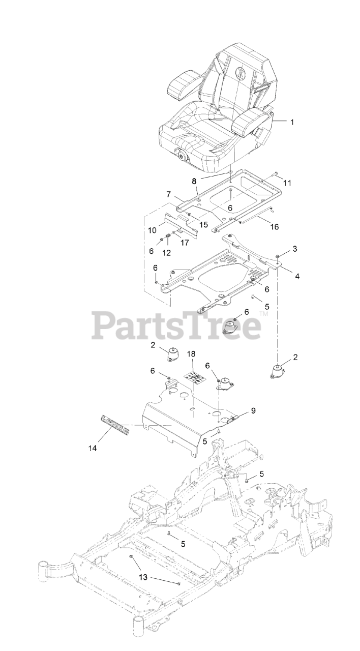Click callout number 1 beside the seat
click(x=292, y=122)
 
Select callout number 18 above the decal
click(x=191, y=353)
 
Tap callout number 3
click(x=294, y=249)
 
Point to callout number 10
click(x=152, y=230)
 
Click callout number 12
click(x=167, y=252)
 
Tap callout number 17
click(x=185, y=243)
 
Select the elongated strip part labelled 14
click(x=115, y=425)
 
